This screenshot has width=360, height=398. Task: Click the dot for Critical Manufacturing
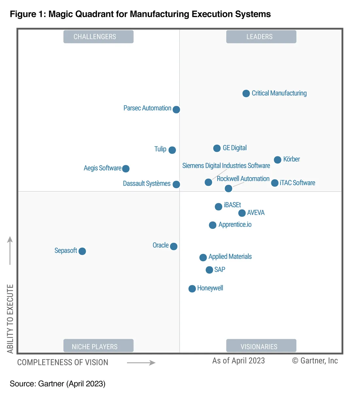click(246, 94)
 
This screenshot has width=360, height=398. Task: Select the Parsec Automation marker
click(176, 110)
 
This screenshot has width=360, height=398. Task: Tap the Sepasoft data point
click(82, 251)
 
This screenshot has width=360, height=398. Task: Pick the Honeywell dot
click(192, 288)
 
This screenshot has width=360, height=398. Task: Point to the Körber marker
click(278, 160)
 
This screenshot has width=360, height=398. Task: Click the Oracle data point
click(174, 246)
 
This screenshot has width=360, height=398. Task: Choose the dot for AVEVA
click(242, 213)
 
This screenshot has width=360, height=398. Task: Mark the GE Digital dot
click(217, 148)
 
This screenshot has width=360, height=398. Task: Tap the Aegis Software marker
click(126, 168)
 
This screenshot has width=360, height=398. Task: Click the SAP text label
click(220, 269)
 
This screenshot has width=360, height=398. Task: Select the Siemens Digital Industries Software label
click(226, 166)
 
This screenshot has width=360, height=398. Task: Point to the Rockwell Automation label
click(243, 179)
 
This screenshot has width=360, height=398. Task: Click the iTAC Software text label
click(297, 183)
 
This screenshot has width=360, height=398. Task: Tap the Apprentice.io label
click(235, 225)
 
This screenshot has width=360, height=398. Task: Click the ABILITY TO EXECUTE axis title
click(10, 319)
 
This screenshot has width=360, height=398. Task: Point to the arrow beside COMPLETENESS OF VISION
click(141, 362)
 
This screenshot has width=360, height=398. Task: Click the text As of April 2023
click(239, 361)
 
